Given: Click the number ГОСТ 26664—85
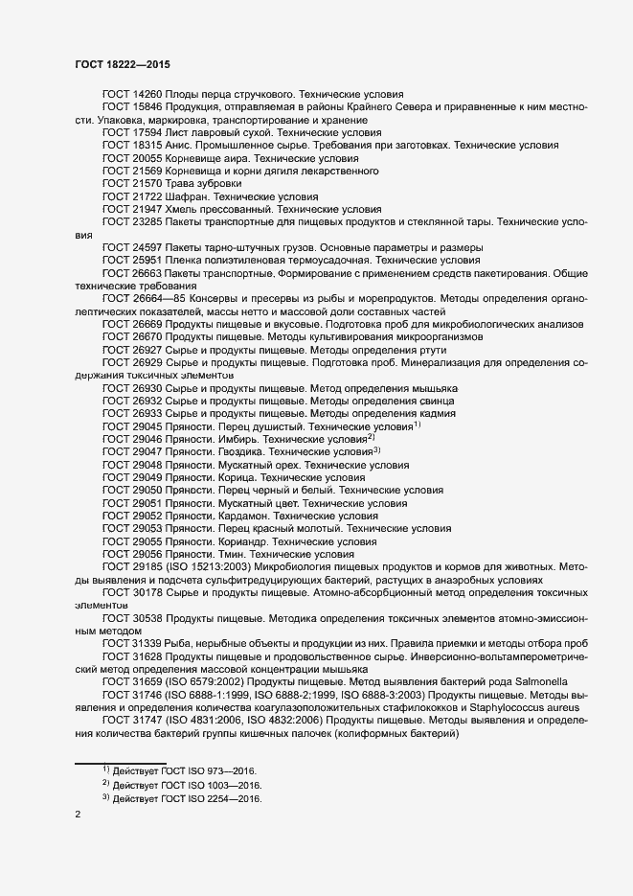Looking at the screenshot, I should coord(143,300).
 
